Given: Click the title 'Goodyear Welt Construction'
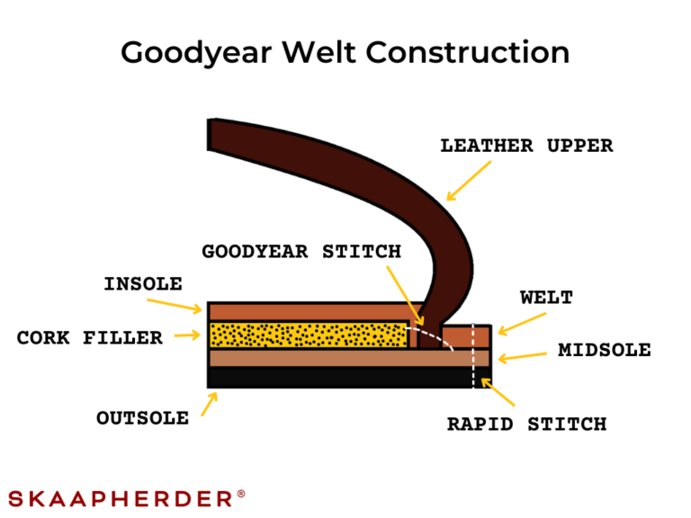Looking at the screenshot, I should point(345,52).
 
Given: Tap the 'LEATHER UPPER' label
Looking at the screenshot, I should point(526,146).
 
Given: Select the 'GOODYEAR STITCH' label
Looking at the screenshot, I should point(301,252).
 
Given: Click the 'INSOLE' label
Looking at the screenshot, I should point(142,284).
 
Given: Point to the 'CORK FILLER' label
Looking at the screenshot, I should point(90,338).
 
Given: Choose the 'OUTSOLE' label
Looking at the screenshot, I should point(142,418).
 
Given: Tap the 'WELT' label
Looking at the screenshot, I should point(546,299).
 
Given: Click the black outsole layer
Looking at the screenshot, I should point(342,378).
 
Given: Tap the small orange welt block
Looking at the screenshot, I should point(467,336).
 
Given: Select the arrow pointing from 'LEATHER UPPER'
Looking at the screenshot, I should point(469,180).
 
